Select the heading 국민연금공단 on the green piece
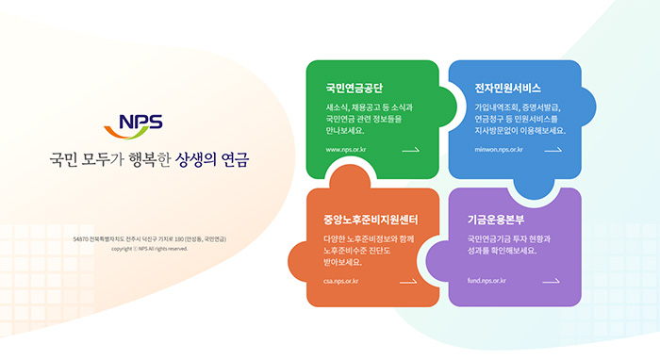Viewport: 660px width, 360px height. tap(355, 88)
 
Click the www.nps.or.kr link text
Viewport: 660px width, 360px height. tap(346, 150)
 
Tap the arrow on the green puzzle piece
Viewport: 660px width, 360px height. tap(410, 150)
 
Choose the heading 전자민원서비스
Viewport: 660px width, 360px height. tap(508, 88)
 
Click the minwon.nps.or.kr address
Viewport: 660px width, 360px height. tap(499, 150)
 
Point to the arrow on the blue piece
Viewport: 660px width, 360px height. tap(552, 150)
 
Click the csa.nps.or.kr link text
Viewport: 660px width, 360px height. tap(340, 281)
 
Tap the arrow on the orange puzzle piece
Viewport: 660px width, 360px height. tap(408, 281)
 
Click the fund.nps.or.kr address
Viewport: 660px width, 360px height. tap(487, 281)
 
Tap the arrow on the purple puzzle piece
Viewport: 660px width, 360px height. tap(551, 281)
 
